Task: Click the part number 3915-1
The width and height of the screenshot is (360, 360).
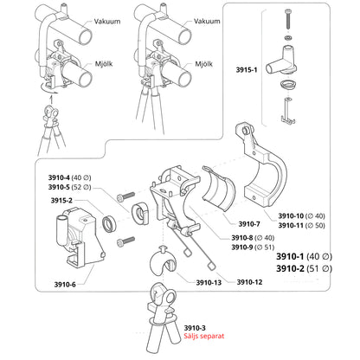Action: tap(247, 70)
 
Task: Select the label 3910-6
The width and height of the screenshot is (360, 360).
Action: tap(65, 285)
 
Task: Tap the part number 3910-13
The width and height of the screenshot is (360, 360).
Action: tap(209, 282)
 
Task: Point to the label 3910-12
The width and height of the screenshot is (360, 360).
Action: tap(249, 282)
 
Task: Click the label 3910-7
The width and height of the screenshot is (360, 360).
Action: tap(249, 224)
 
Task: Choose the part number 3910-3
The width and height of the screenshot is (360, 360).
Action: tap(195, 328)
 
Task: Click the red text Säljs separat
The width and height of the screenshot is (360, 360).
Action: tap(204, 336)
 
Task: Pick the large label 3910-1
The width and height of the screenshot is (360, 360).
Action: tap(290, 256)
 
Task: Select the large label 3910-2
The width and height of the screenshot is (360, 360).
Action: tap(290, 268)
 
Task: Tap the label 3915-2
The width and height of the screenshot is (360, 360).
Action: tap(61, 200)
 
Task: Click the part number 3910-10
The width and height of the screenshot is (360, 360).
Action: tap(291, 215)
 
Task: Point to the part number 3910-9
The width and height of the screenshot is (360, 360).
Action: tap(242, 247)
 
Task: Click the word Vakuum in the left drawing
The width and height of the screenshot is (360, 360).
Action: tap(107, 22)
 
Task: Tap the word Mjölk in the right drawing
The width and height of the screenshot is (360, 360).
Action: tap(203, 64)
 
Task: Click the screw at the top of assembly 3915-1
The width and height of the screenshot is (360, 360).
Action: tap(288, 19)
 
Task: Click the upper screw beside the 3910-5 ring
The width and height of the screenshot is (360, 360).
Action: tap(125, 196)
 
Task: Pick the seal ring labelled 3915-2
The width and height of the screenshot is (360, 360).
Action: tap(109, 223)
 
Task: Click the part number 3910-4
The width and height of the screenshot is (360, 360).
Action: tap(59, 177)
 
